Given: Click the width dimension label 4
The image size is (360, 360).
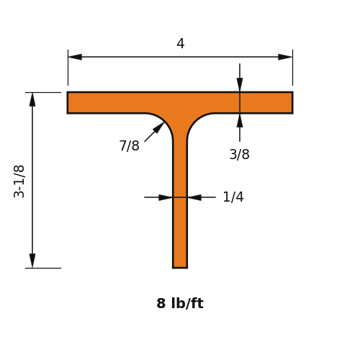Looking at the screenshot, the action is coord(181,44).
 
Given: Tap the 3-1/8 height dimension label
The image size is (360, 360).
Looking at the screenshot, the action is coord(19,181).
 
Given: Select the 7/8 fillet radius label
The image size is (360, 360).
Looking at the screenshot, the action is coord(129,145).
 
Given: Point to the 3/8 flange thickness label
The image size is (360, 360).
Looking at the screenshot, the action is coord(239,154).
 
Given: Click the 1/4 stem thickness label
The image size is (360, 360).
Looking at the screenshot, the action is coord(233,197).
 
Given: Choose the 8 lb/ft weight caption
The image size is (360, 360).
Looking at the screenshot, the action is coord(180,303).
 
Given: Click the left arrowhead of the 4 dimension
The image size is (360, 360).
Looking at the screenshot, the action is coord(75,57).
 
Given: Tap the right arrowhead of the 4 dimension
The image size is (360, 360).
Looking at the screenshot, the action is coord(285,57).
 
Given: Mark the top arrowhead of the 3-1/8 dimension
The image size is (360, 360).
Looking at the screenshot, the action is coord(32,99).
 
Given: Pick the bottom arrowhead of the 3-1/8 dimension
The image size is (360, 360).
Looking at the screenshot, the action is coord(32,261).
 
